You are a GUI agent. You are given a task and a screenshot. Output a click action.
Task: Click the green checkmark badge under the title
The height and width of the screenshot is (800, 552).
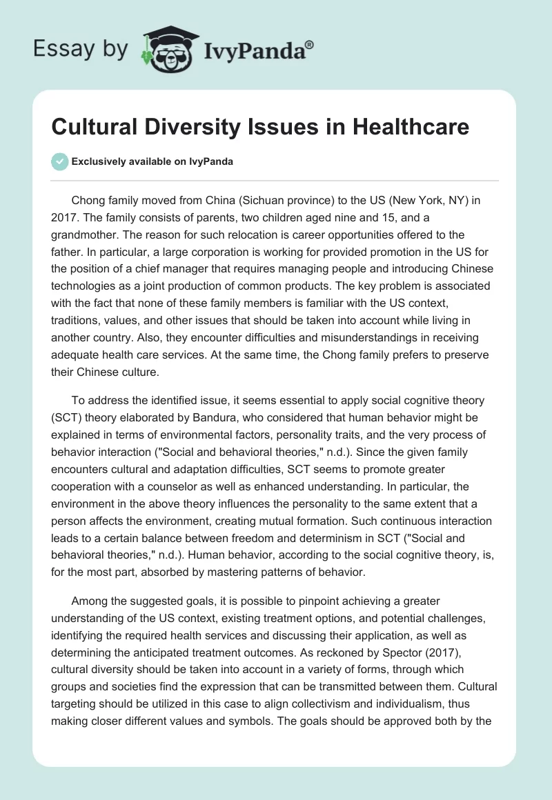(59, 161)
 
